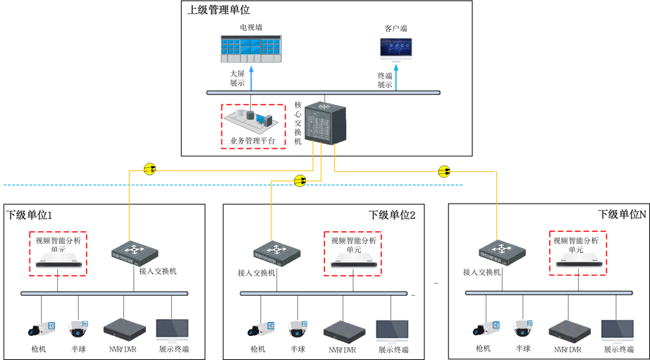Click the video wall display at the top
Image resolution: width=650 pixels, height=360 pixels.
point(251,48)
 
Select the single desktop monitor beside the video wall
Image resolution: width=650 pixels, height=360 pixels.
point(395,49)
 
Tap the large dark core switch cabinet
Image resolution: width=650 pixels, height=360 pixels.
point(325,123)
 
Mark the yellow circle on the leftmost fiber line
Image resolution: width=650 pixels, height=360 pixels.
point(149,169)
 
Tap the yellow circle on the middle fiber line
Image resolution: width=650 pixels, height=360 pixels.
point(300,181)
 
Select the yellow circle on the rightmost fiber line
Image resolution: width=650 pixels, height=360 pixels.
point(443,171)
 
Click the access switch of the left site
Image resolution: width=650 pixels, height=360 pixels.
point(135,253)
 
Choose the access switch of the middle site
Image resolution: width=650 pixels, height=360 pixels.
point(277,253)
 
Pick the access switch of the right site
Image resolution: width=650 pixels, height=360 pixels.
point(502,252)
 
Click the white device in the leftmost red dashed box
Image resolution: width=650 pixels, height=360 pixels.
point(59,259)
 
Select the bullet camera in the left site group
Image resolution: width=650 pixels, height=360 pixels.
point(42,329)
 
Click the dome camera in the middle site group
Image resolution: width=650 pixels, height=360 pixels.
point(297,329)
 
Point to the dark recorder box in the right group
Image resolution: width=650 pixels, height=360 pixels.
point(570,331)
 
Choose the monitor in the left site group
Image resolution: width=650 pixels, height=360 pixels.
point(172,330)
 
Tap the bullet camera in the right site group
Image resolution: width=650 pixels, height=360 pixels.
point(486,328)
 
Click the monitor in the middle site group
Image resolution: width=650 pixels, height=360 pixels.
point(392,331)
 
